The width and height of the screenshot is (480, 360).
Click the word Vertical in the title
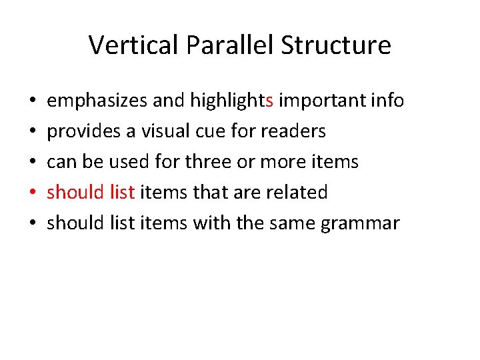point(134,45)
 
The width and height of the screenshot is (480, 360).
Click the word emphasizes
point(97,101)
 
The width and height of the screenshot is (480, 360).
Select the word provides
point(75,131)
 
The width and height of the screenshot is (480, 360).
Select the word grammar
point(360,223)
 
